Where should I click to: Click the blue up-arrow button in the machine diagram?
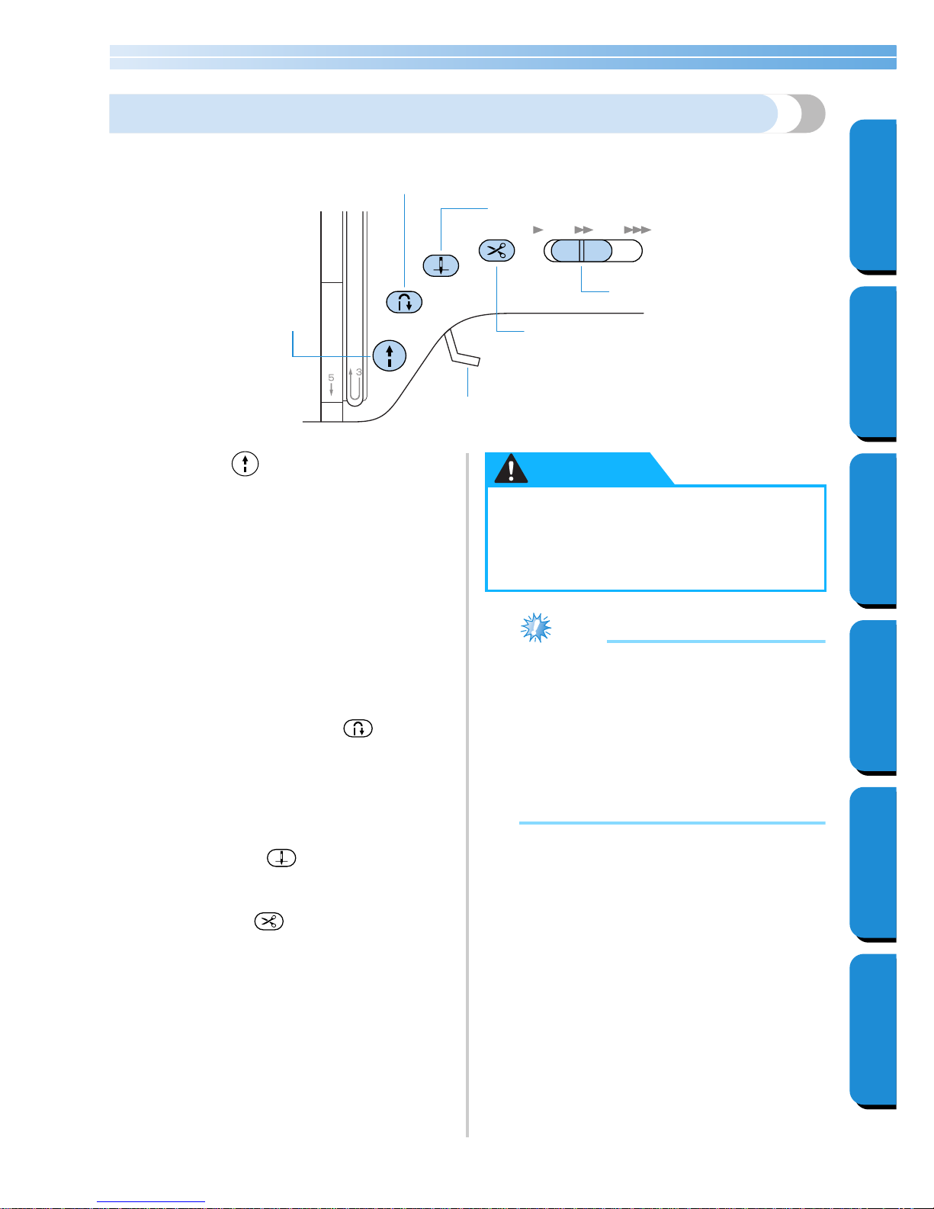[389, 355]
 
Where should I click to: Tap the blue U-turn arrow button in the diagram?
[404, 302]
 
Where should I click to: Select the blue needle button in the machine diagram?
[441, 265]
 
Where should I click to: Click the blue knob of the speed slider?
[581, 251]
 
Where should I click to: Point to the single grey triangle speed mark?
[538, 230]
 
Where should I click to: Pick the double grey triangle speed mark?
[584, 230]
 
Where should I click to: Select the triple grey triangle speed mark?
[637, 230]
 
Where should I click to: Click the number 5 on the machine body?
[331, 378]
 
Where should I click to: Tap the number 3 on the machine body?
[358, 371]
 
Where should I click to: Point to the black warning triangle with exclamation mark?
[511, 468]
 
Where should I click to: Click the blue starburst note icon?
[536, 628]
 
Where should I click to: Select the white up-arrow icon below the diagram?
[246, 464]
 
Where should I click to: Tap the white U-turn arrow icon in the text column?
[358, 728]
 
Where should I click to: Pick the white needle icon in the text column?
[281, 858]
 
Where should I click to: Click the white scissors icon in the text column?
[269, 921]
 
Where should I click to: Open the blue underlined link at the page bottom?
[151, 1201]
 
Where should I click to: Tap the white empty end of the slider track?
[628, 251]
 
